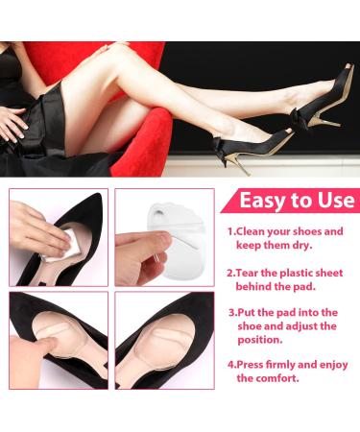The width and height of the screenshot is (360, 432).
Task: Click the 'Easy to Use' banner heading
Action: click(x=291, y=202)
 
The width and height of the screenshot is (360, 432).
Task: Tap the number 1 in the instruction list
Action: click(x=231, y=231)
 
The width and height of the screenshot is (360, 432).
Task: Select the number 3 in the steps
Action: click(x=232, y=312)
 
